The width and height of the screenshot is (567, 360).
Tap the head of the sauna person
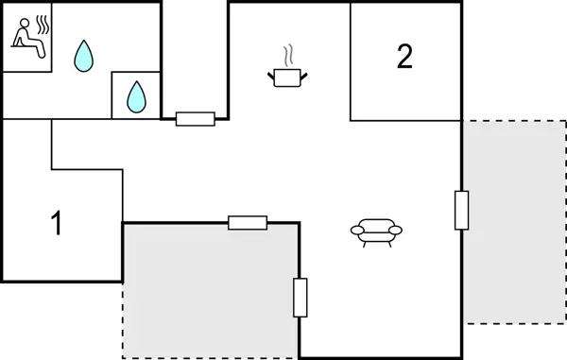22,29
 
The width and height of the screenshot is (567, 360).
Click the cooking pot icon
287,76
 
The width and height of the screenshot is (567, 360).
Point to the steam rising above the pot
288,53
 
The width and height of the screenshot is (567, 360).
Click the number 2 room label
404,58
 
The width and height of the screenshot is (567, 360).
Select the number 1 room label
57,225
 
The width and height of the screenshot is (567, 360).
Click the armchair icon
376,231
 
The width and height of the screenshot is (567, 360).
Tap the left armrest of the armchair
355,229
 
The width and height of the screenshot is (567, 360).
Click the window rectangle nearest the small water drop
196,119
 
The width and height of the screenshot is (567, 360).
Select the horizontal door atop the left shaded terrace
248,223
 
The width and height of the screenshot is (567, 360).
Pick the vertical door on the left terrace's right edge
301,298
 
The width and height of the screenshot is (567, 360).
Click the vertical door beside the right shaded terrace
461,210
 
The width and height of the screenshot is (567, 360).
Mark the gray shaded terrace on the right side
512,222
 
